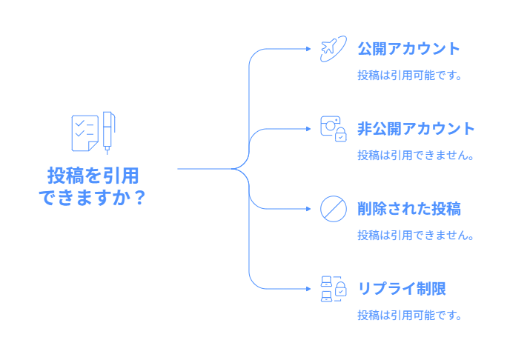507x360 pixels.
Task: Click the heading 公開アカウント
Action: (x=408, y=50)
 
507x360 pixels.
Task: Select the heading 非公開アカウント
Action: (x=416, y=129)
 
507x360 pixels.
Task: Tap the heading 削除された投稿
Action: (x=408, y=209)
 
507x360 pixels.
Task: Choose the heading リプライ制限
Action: (x=401, y=289)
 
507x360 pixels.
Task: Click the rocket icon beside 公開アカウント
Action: (x=334, y=49)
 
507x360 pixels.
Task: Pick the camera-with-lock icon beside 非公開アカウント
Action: (x=334, y=129)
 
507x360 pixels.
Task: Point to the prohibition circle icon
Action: (x=334, y=209)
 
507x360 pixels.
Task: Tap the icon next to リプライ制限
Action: (x=334, y=288)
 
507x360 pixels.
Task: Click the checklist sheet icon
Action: (x=84, y=131)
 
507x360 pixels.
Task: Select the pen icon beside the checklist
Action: (x=109, y=132)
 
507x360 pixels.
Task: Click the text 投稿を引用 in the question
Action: (x=93, y=176)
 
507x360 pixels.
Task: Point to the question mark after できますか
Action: (x=138, y=198)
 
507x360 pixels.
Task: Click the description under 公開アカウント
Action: (x=409, y=76)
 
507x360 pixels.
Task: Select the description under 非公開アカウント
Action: (x=415, y=156)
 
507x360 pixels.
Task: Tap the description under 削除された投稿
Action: (x=415, y=236)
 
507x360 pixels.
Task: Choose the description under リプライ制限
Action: (x=409, y=316)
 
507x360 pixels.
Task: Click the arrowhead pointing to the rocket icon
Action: (x=308, y=49)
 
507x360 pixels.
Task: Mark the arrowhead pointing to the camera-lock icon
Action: (x=308, y=129)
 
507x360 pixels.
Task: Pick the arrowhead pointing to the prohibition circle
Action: (x=308, y=209)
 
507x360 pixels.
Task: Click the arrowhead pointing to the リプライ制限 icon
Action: (x=308, y=289)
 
